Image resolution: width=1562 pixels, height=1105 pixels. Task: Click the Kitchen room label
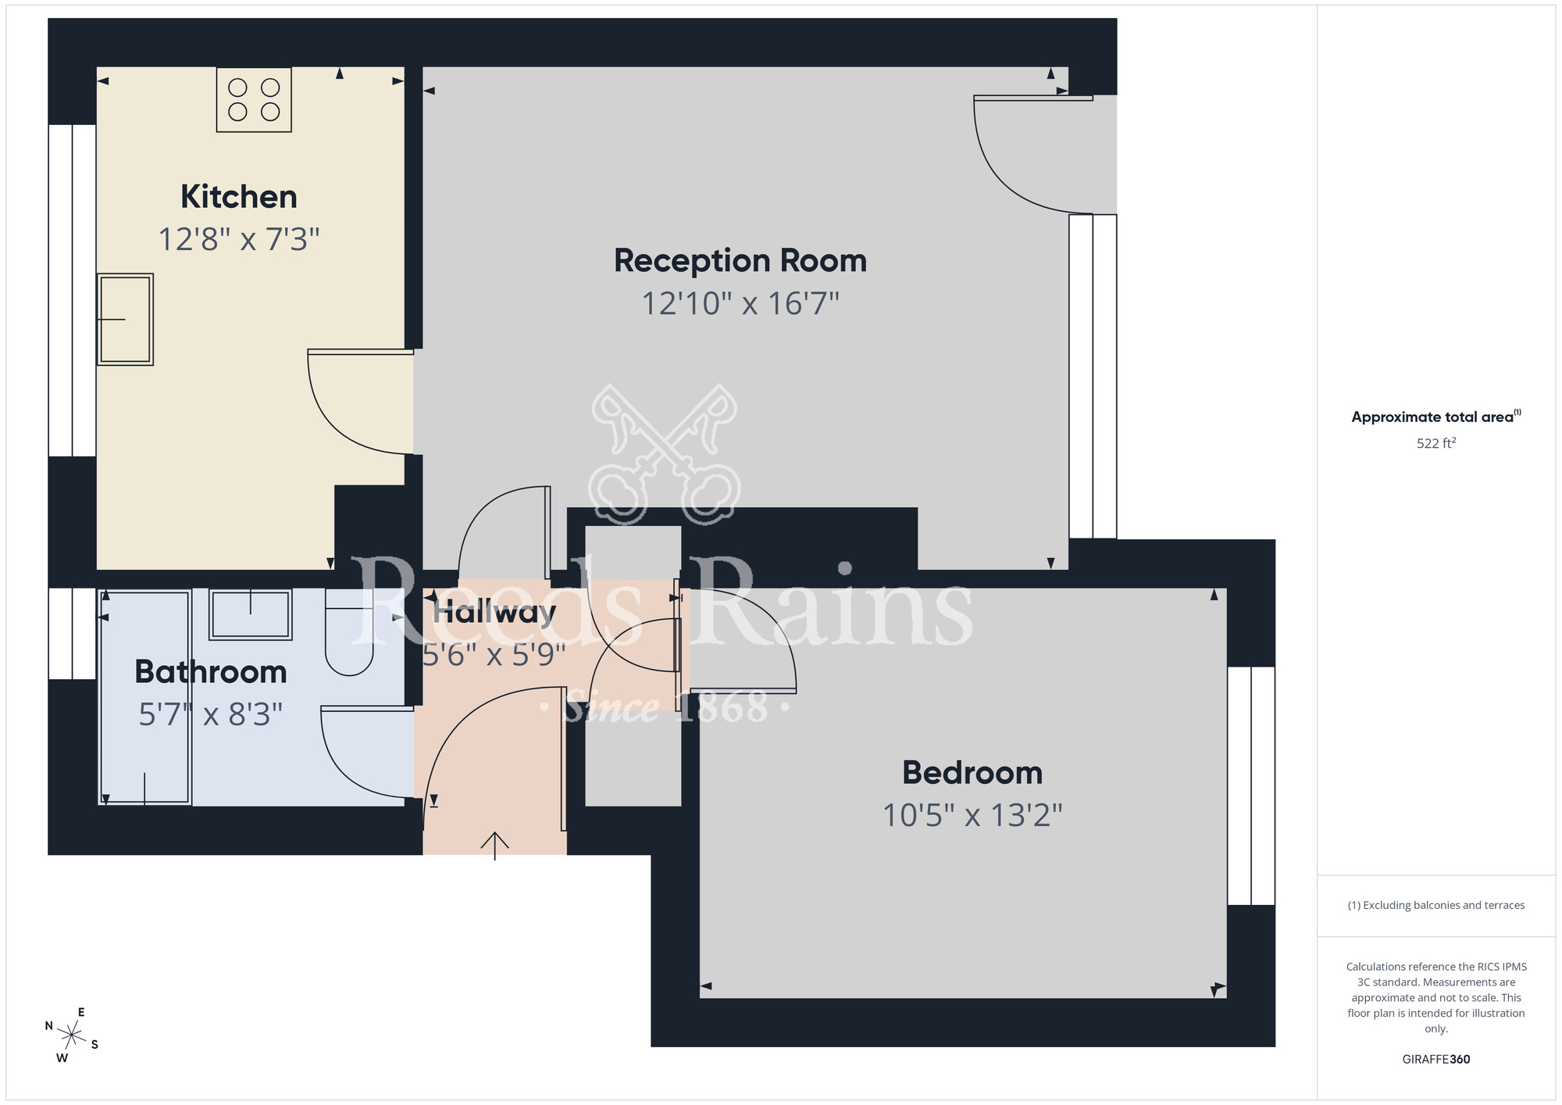(238, 197)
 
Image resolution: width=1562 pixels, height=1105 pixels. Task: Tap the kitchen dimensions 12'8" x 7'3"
(238, 239)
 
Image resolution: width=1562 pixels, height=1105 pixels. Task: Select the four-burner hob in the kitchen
(254, 99)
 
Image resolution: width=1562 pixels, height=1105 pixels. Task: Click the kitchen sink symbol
(125, 319)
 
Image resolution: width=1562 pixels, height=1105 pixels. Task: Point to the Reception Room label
(740, 261)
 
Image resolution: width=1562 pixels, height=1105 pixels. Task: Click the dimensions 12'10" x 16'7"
(740, 303)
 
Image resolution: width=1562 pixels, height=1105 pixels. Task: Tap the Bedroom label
(972, 773)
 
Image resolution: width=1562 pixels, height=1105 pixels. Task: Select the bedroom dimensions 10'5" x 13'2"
(972, 815)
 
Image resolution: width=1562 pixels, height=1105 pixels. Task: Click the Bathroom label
(210, 672)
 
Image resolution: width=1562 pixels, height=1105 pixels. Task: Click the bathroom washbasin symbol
(250, 614)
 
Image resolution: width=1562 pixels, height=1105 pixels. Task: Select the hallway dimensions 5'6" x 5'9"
(494, 654)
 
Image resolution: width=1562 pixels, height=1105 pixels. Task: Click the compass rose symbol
(72, 1035)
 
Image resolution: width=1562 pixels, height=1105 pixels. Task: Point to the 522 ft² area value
(1435, 443)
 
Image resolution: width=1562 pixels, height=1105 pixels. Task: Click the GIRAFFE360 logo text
(1435, 1059)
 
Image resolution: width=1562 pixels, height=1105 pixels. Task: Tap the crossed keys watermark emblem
(664, 453)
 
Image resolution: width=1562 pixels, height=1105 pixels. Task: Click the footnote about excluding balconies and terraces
(1435, 905)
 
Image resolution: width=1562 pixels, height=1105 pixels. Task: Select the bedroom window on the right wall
(1250, 785)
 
